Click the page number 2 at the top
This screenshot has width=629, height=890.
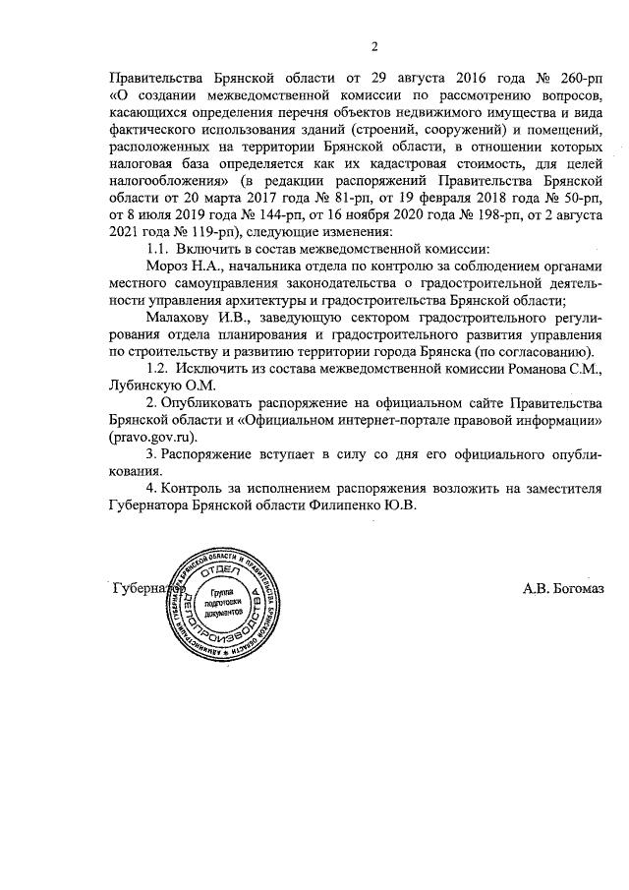pos(375,44)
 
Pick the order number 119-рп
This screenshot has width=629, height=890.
pos(188,233)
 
